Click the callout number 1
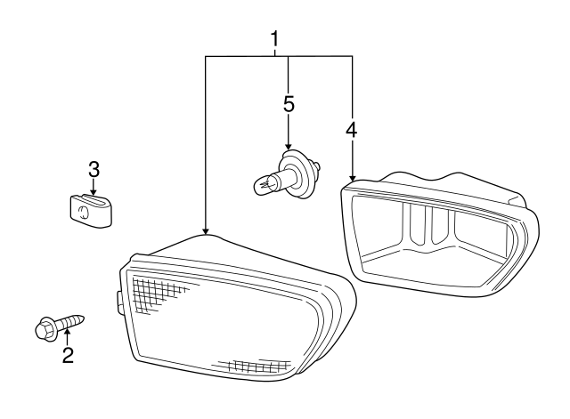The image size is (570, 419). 274,39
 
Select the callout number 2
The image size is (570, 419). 68,355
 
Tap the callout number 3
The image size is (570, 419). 94,170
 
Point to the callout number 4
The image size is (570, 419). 352,130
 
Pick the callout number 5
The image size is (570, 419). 289,105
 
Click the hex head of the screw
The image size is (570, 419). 44,328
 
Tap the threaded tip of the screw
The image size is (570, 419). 81,319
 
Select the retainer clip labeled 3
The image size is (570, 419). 91,211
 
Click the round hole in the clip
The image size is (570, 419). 83,212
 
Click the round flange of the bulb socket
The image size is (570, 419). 297,174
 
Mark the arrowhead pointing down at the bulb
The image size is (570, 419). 289,146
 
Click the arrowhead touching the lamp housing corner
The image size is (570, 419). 352,177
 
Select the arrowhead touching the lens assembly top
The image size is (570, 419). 206,231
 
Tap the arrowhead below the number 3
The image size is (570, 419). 94,191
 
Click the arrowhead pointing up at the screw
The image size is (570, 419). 67,331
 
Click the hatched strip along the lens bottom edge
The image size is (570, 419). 255,366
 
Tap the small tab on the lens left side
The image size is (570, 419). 119,302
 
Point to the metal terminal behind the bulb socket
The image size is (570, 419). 317,166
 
